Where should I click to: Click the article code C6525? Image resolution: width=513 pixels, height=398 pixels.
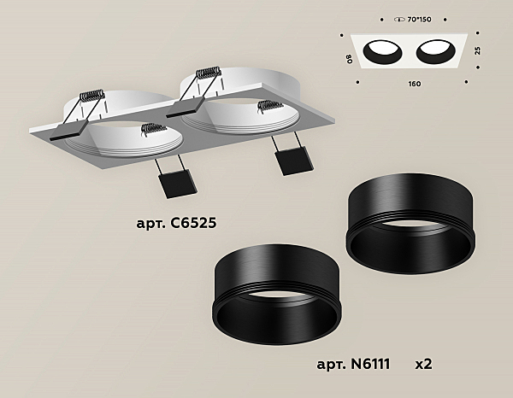193,223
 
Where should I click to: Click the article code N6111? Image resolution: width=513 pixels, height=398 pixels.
370,364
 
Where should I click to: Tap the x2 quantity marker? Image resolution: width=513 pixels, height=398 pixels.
423,364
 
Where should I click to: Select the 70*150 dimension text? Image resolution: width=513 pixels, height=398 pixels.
420,20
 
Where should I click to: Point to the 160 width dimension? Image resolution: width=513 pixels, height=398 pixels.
415,84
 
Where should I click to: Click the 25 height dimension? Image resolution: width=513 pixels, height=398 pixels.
478,50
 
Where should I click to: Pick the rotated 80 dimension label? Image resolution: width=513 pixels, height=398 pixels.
350,58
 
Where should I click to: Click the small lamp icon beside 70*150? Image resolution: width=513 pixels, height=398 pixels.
400,20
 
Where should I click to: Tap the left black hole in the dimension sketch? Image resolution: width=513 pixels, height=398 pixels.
382,52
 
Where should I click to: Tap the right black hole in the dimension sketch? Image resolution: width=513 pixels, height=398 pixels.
436,51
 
